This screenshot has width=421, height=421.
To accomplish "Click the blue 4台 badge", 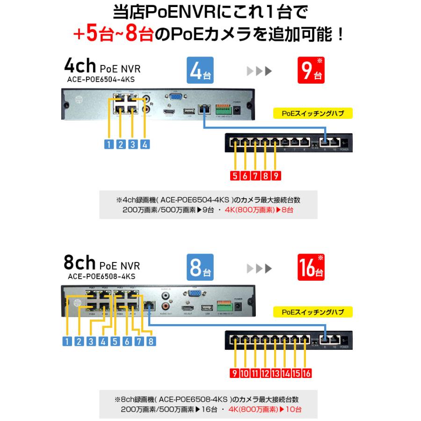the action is (x=200, y=71).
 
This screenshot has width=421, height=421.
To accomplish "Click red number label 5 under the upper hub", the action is (x=235, y=176).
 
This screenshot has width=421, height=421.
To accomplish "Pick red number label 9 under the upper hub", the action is (x=276, y=176).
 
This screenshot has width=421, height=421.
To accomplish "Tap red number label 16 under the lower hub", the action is (x=306, y=373).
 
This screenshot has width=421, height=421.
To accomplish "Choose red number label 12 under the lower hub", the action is (x=265, y=373).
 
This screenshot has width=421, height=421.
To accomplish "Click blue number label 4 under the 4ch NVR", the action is (x=145, y=144).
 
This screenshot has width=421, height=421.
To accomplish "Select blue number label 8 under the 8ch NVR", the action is (x=150, y=341).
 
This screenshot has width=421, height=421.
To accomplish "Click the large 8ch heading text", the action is (x=80, y=263).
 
